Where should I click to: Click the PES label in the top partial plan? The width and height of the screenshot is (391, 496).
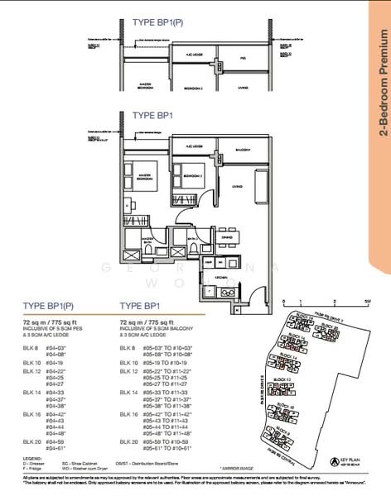coord(244,59)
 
